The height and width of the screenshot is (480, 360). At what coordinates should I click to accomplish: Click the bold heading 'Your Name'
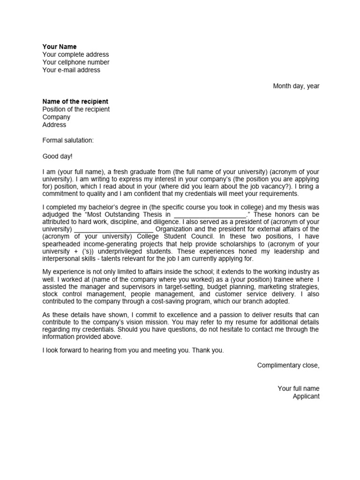60,47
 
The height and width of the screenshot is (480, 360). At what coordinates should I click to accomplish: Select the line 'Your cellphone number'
76,62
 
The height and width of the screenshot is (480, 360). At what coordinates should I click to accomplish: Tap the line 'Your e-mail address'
71,70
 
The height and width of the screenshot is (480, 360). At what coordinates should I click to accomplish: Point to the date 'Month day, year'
296,86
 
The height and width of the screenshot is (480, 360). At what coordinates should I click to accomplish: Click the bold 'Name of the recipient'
75,101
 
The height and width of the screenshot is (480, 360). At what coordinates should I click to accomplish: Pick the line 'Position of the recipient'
76,109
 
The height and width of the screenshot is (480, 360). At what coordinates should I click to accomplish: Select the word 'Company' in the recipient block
56,117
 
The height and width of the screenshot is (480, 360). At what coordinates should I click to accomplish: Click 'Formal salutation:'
68,141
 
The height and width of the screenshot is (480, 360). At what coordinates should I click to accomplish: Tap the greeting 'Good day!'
58,156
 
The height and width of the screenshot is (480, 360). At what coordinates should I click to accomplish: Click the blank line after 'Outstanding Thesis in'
209,214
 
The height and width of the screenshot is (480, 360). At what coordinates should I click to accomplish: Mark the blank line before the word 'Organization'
114,229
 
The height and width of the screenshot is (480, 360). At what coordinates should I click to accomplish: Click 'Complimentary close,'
288,365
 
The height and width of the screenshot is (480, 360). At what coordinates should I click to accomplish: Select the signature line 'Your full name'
299,389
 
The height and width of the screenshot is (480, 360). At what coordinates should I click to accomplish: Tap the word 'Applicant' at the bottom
306,397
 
